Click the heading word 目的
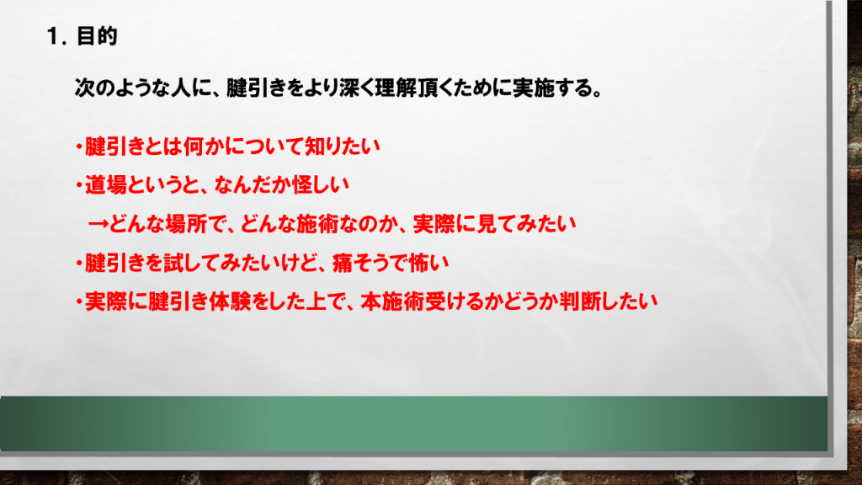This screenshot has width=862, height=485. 97,36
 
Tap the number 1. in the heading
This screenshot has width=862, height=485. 56,37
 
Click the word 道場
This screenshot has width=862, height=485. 105,184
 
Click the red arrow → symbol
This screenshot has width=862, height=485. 98,224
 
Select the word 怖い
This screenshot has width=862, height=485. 428,263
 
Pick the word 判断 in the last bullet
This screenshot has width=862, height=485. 581,301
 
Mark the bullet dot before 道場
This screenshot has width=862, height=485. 80,185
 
